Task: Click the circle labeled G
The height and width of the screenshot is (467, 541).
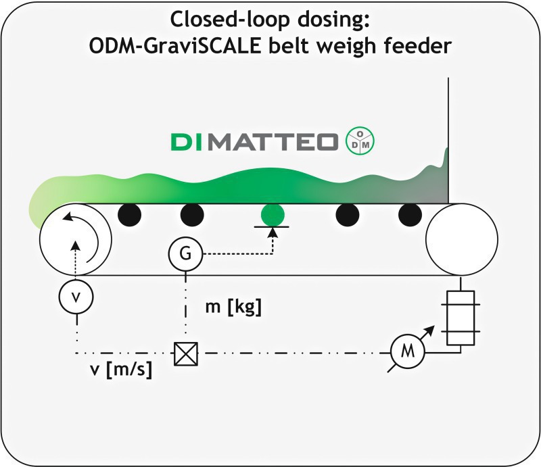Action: [185, 254]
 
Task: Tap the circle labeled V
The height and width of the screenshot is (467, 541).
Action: [76, 297]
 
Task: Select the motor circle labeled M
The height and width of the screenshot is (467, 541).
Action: [408, 352]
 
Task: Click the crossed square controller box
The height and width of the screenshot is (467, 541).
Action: [186, 353]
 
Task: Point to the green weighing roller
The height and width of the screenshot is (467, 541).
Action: [273, 215]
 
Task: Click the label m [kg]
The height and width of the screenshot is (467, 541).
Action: [233, 306]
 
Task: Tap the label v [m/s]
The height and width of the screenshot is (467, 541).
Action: [121, 370]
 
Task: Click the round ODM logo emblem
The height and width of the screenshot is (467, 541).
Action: [360, 141]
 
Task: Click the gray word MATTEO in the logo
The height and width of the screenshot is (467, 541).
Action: [273, 142]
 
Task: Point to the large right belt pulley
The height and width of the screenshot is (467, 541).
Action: [462, 239]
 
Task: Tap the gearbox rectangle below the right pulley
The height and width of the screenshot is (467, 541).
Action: [461, 318]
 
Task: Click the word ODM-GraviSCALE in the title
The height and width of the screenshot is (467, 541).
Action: [175, 45]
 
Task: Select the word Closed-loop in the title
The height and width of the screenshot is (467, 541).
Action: [230, 20]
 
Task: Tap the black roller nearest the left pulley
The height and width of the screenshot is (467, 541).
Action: [129, 215]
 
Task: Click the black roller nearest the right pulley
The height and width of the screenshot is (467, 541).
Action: [410, 215]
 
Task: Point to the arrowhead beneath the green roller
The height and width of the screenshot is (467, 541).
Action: [273, 232]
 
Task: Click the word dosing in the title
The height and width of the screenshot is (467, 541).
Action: [333, 20]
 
